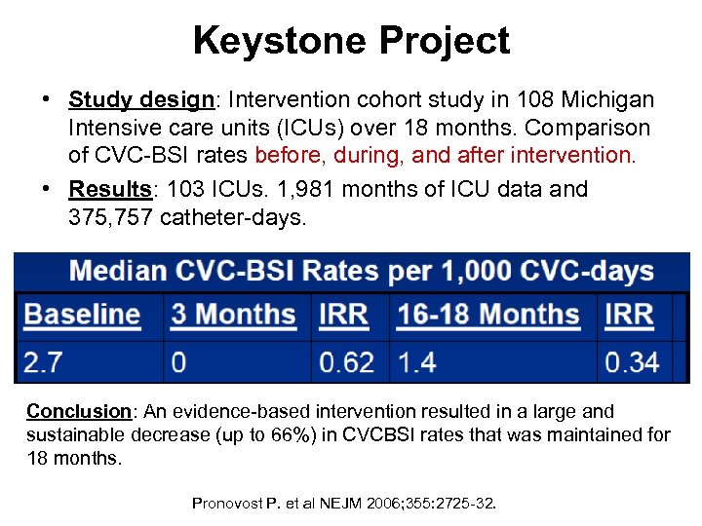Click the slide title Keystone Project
tap(351, 41)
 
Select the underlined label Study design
tap(141, 100)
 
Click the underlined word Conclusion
tap(76, 412)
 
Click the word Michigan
tap(611, 100)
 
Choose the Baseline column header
tap(82, 315)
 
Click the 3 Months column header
tap(233, 315)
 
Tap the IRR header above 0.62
tap(343, 315)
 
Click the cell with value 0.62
tap(346, 362)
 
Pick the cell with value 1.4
tap(417, 362)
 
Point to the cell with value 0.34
tap(632, 362)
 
